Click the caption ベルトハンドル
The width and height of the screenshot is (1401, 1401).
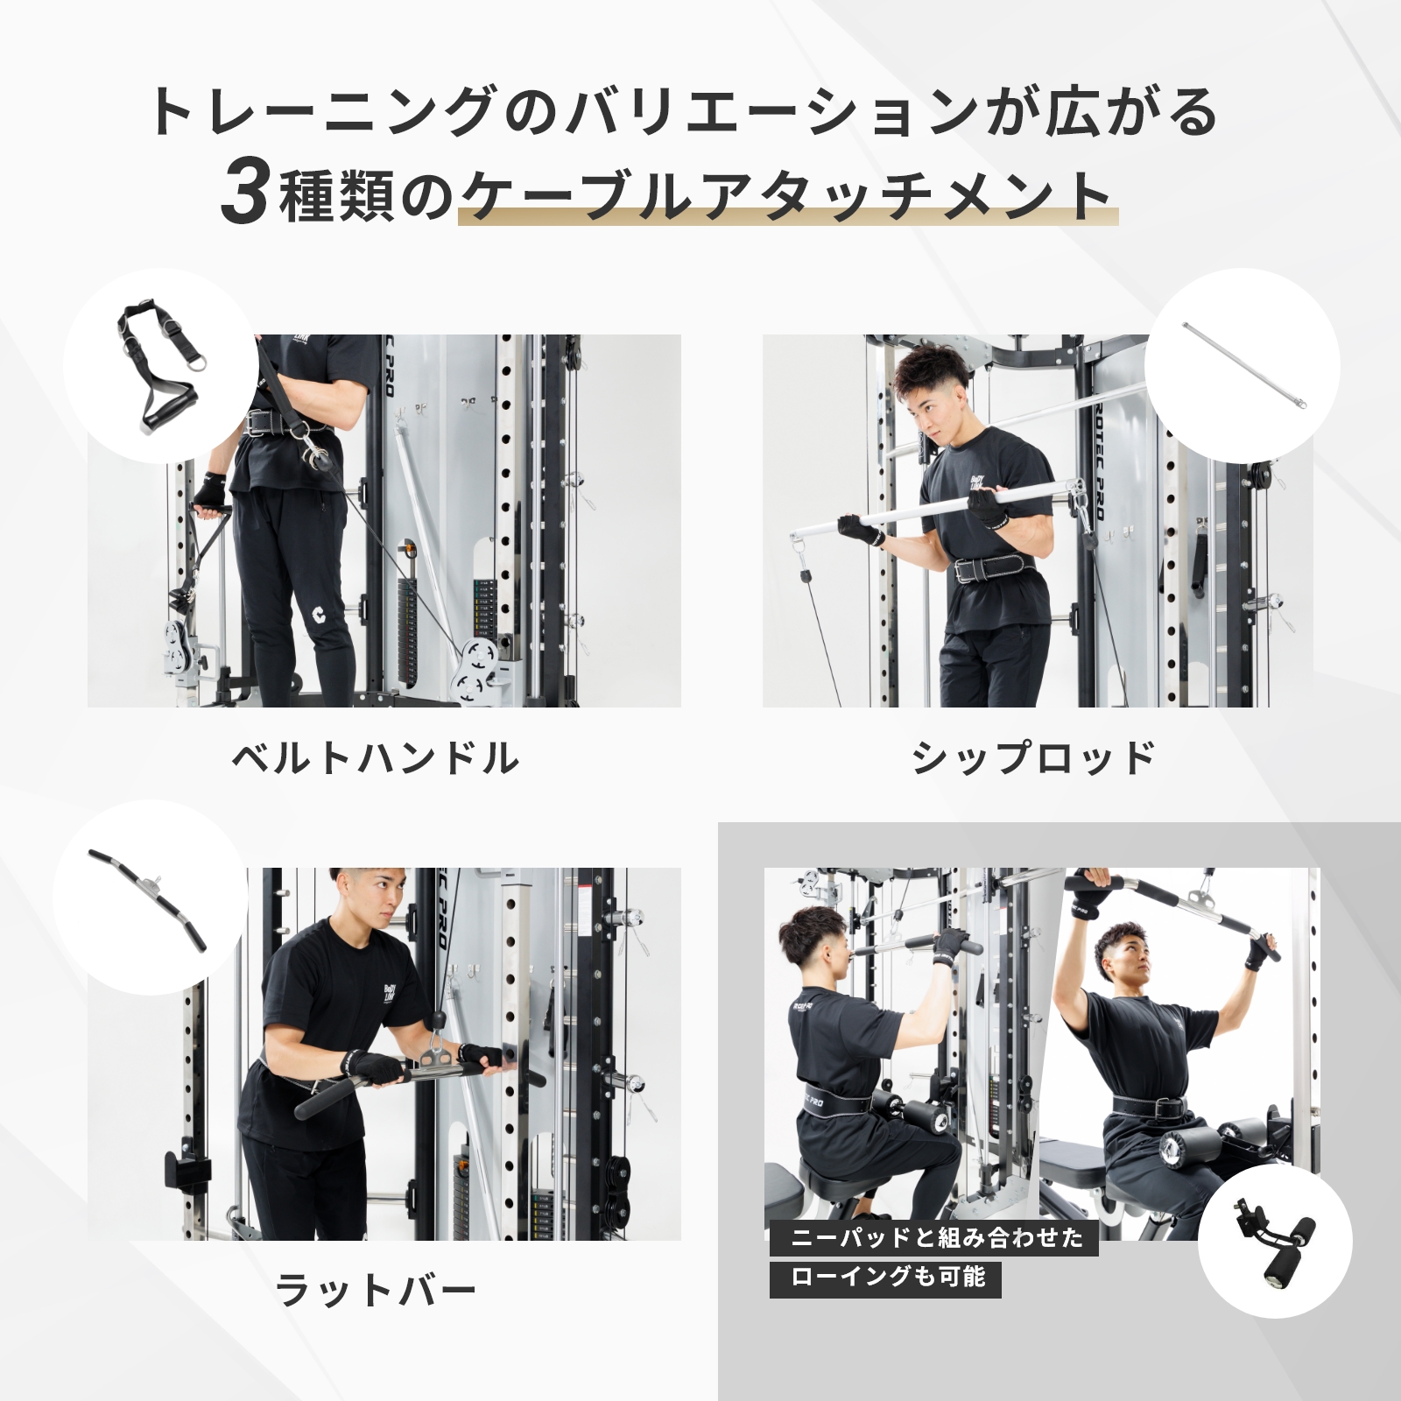point(377,758)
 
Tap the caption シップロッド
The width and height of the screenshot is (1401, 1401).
point(1034,758)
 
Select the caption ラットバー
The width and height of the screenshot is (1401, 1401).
point(377,1291)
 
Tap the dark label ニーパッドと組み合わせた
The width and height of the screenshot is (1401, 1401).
point(935,1238)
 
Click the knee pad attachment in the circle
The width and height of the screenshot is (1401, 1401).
point(1274,1243)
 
